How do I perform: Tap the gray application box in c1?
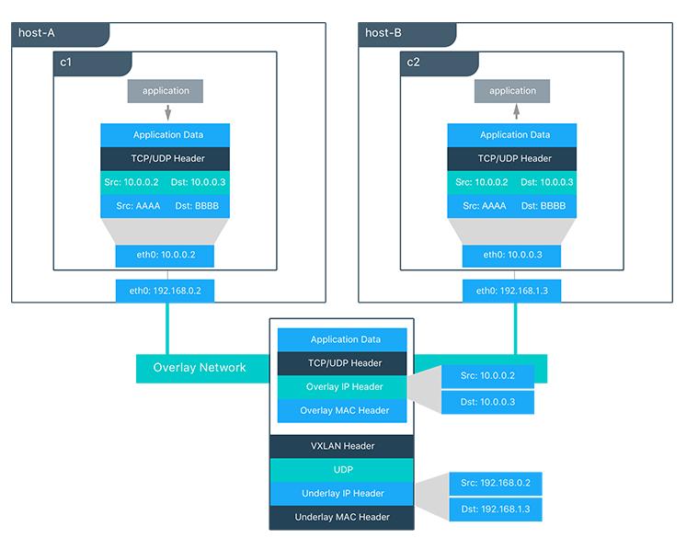(166, 91)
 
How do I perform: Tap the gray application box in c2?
(512, 91)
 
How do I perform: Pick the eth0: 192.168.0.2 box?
(166, 291)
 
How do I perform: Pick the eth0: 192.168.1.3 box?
(512, 291)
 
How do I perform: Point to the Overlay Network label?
(200, 368)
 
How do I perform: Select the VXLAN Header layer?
(342, 446)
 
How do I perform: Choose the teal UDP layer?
(342, 469)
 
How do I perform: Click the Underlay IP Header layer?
(342, 494)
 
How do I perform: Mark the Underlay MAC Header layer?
(342, 517)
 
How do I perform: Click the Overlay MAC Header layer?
(342, 410)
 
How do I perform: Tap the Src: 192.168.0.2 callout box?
(488, 482)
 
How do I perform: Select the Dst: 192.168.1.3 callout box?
(488, 508)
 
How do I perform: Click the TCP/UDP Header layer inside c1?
(166, 158)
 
